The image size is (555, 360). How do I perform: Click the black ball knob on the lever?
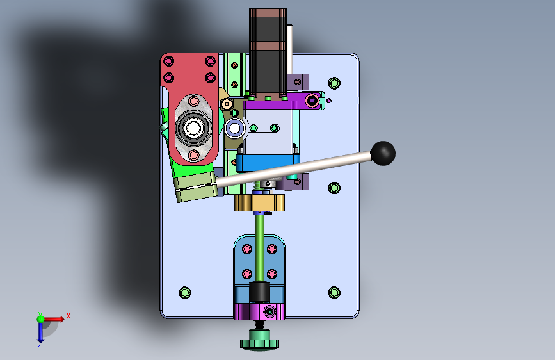pyautogui.click(x=383, y=153)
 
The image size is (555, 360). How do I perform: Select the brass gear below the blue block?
pyautogui.click(x=259, y=202)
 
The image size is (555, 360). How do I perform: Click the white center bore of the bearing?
pyautogui.click(x=193, y=128)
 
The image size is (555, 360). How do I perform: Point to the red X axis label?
pyautogui.click(x=68, y=316)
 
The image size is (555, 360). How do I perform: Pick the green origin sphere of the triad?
pyautogui.click(x=41, y=319)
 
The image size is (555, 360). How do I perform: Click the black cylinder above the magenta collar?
pyautogui.click(x=259, y=292)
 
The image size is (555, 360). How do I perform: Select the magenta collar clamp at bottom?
pyautogui.click(x=259, y=311)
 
